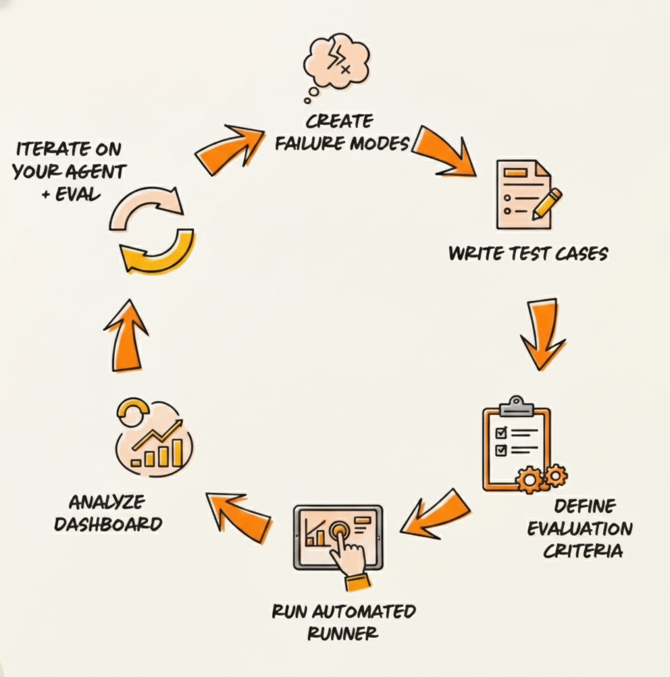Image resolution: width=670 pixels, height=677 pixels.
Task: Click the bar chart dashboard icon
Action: [153, 439]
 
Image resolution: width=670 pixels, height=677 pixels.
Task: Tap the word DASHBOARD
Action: [109, 524]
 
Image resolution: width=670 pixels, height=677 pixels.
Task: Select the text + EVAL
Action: [67, 194]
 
